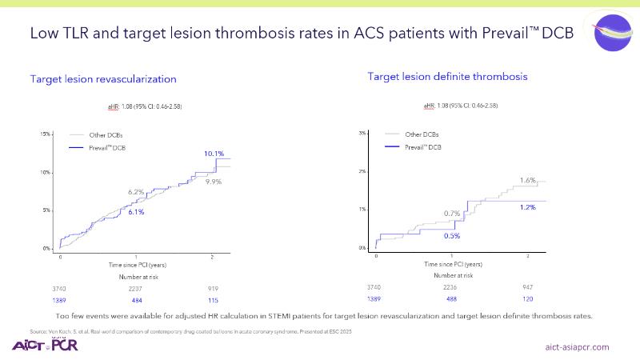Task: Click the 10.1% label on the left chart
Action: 214,153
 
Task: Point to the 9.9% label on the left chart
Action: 214,182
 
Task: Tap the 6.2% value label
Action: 136,192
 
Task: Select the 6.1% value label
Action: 136,212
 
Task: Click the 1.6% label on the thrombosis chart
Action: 527,180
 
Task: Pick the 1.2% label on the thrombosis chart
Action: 527,207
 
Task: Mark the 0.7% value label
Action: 451,214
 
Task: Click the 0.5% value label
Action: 451,236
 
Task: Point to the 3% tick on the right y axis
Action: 362,133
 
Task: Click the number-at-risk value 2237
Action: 136,286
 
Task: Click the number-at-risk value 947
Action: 526,286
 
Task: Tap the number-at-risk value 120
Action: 526,298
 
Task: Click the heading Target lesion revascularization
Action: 103,79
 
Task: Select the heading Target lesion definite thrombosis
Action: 446,76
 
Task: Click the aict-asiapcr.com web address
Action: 577,347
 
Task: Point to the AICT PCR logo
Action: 46,346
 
